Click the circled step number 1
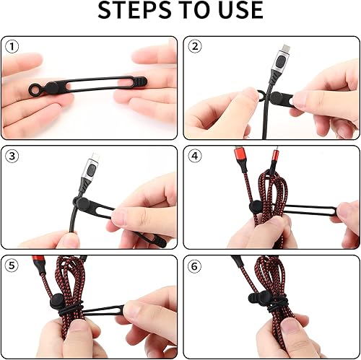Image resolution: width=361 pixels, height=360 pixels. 12,47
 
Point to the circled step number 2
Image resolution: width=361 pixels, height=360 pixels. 194,47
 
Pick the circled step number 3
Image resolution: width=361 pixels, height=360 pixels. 12,156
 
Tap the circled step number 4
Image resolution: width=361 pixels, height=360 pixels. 194,156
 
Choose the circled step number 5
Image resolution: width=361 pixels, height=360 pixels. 12,265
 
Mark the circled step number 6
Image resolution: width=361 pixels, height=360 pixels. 194,265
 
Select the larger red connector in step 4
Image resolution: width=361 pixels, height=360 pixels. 239,159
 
